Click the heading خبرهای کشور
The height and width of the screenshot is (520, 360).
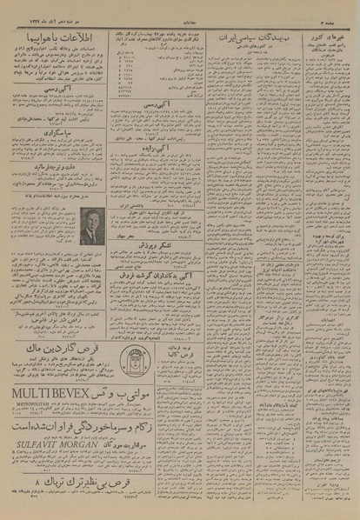(326, 40)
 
